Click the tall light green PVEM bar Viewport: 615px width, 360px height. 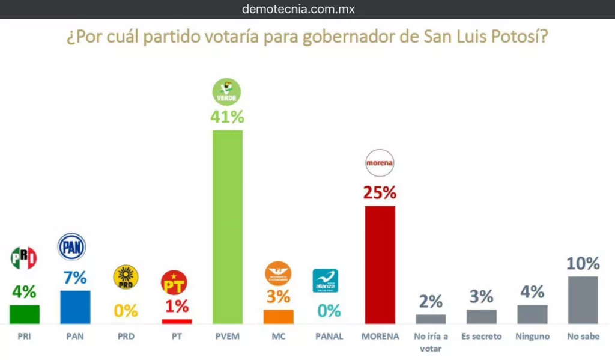pyautogui.click(x=228, y=227)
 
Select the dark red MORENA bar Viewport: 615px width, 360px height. pyautogui.click(x=380, y=264)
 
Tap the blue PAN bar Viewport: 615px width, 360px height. pyautogui.click(x=76, y=307)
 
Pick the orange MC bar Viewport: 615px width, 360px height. pyautogui.click(x=279, y=317)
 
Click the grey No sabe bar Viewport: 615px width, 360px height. pyautogui.click(x=583, y=300)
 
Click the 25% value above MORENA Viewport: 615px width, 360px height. pyautogui.click(x=380, y=193)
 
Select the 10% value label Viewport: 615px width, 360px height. pyautogui.click(x=583, y=263)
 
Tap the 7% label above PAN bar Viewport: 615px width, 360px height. pyautogui.click(x=75, y=278)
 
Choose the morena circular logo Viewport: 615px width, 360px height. pyautogui.click(x=380, y=162)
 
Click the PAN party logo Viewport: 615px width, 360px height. pyautogui.click(x=71, y=247)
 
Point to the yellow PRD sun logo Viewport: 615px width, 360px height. pyautogui.click(x=126, y=277)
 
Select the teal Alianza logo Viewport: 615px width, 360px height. pyautogui.click(x=325, y=281)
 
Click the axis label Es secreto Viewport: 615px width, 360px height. pyautogui.click(x=481, y=337)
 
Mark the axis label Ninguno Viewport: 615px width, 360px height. pyautogui.click(x=532, y=337)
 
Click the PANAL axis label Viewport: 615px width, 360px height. pyautogui.click(x=329, y=337)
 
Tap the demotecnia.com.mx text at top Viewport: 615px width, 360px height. pyautogui.click(x=307, y=9)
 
